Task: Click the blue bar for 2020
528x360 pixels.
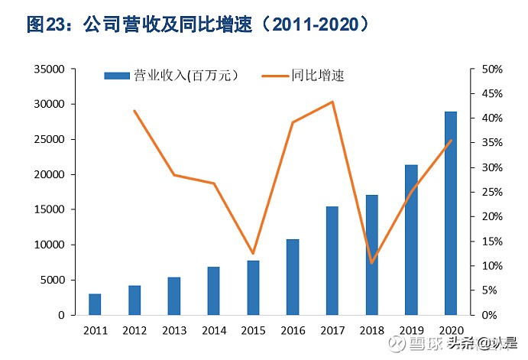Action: coord(450,213)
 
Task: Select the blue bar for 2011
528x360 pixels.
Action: coord(95,304)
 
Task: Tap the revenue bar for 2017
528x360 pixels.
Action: coord(332,261)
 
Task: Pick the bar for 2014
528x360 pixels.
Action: coord(213,290)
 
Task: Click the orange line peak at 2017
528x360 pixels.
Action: coord(332,102)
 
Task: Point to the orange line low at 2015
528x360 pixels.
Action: coord(253,253)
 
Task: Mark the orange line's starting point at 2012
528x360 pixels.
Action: coord(134,111)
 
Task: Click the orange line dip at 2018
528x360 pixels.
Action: coord(371,263)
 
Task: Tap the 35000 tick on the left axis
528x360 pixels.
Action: coord(47,69)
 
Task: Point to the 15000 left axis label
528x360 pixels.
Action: coord(47,209)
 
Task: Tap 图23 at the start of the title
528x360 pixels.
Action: coord(48,24)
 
